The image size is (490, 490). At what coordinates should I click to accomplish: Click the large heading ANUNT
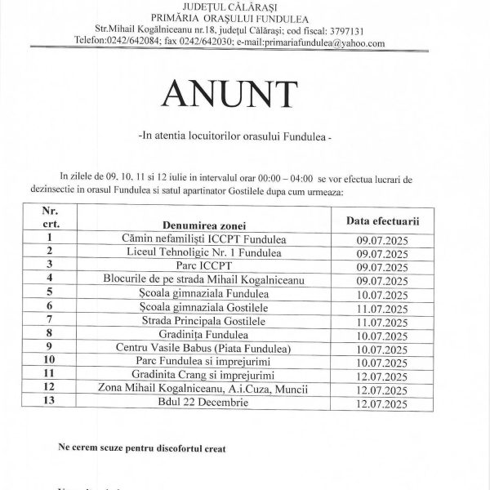(x=243, y=96)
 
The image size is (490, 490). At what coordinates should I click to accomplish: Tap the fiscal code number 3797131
(x=350, y=31)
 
